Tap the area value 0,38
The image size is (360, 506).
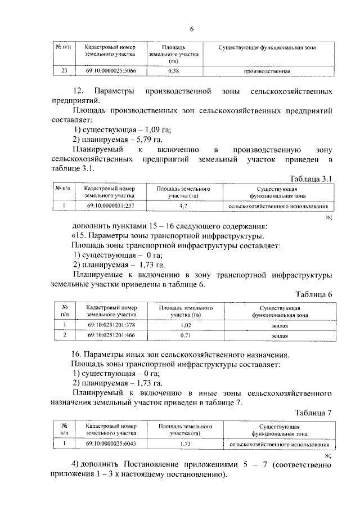tap(174, 71)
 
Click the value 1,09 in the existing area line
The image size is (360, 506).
tap(133, 130)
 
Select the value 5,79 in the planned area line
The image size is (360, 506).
tap(130, 140)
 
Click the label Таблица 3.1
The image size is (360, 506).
tap(311, 178)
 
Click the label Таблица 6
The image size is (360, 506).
tap(314, 294)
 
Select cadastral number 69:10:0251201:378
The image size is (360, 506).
tap(111, 325)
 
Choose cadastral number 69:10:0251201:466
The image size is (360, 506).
tap(111, 335)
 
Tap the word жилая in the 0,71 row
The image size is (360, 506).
tap(280, 335)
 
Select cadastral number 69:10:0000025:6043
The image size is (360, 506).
tap(111, 444)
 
